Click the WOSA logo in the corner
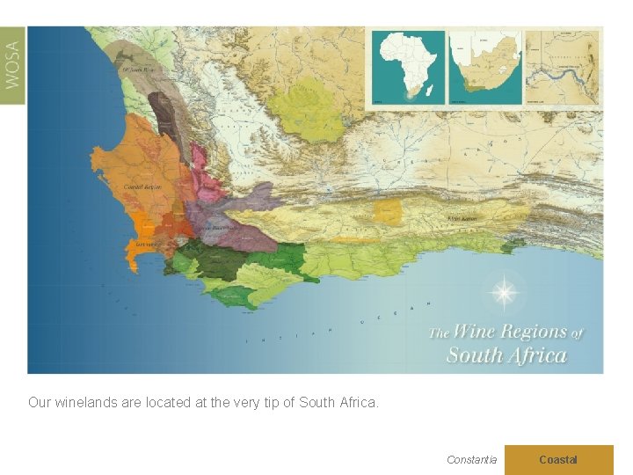(x=12, y=66)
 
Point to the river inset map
(x=563, y=68)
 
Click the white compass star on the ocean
(x=504, y=292)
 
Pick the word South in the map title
(x=475, y=355)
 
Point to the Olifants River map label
(x=138, y=69)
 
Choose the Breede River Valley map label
(x=217, y=228)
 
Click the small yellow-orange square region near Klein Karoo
(x=387, y=211)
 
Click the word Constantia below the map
(x=471, y=459)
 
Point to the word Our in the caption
(x=40, y=403)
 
